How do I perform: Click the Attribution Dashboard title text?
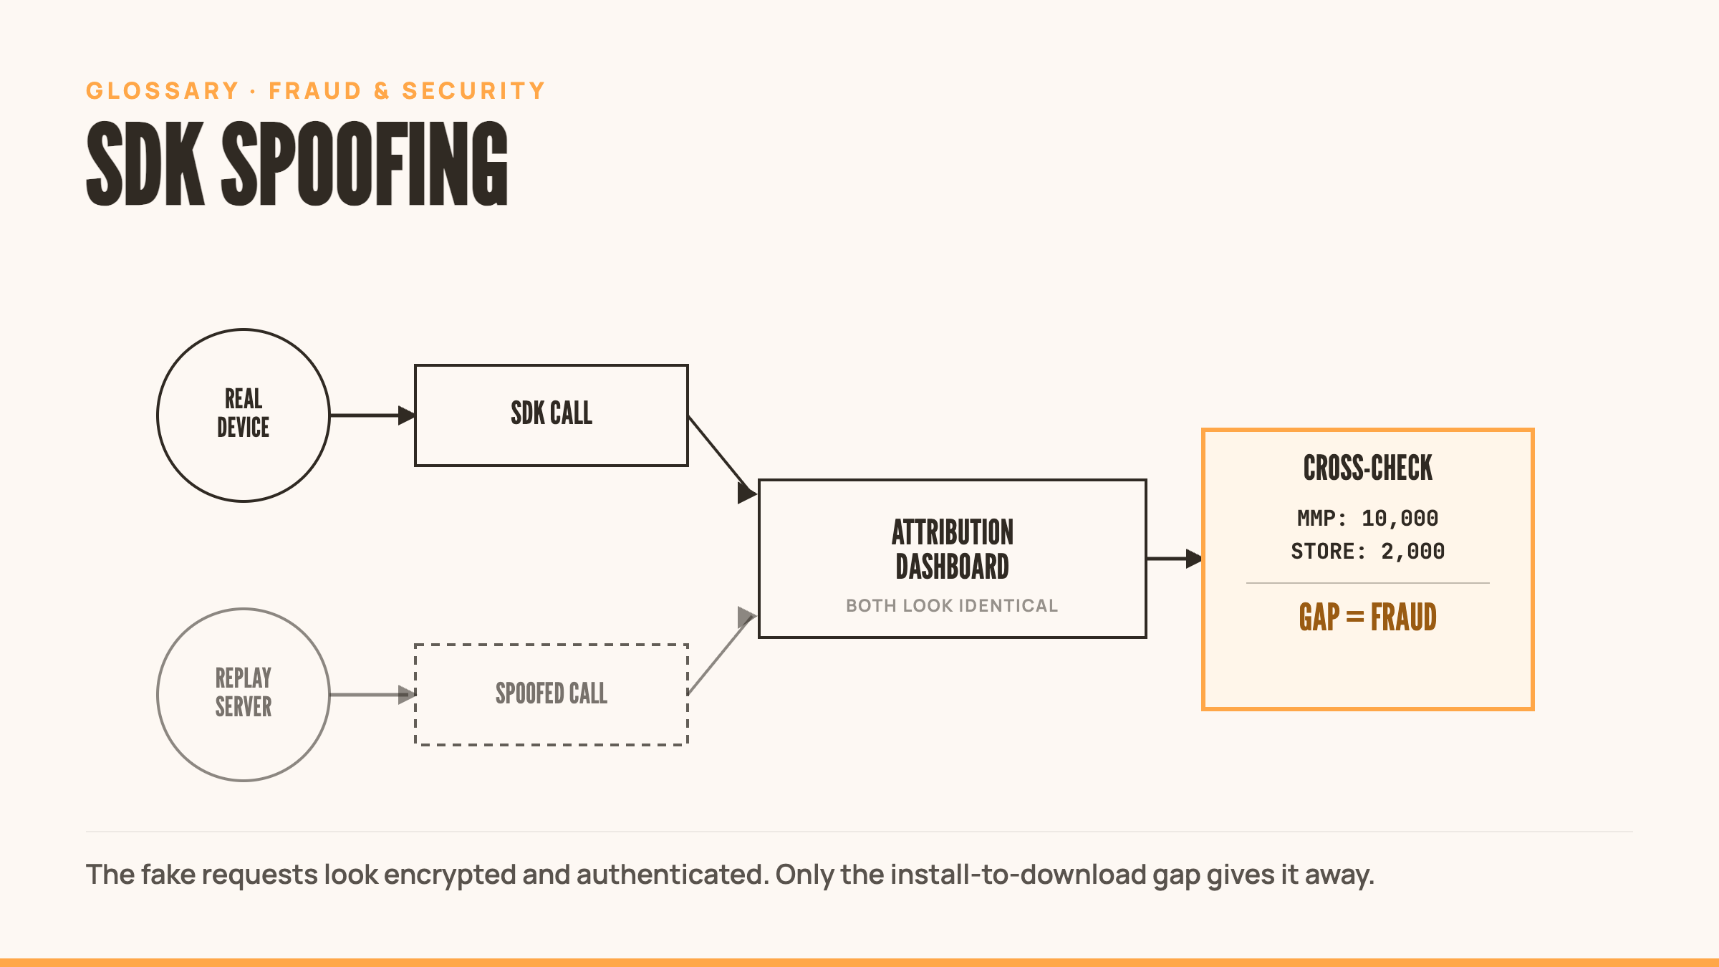coord(953,549)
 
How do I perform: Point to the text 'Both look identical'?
coord(952,606)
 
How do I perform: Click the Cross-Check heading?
coord(1368,468)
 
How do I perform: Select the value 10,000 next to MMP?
coord(1400,518)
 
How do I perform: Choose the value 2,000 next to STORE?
coord(1412,551)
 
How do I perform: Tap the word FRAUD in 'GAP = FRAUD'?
coord(1404,617)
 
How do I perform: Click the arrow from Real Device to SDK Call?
coord(372,415)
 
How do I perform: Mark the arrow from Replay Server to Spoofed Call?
coord(372,695)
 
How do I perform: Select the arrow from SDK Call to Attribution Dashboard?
coord(722,457)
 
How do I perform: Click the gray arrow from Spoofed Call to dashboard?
coord(722,653)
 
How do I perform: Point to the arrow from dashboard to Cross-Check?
coord(1175,559)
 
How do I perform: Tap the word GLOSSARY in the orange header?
coord(163,91)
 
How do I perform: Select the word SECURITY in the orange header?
coord(474,91)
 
